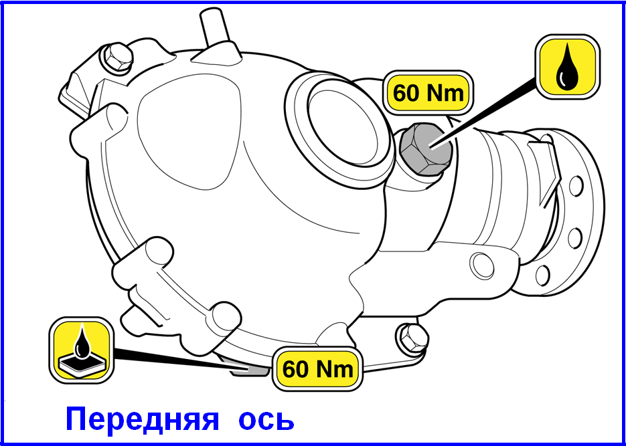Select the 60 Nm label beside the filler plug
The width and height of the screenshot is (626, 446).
pyautogui.click(x=428, y=94)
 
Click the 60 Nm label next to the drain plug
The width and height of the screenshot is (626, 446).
pyautogui.click(x=317, y=369)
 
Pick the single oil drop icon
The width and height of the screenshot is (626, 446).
pyautogui.click(x=567, y=66)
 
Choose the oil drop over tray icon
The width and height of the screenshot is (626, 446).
pyautogui.click(x=82, y=350)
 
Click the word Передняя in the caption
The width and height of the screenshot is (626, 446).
pyautogui.click(x=142, y=420)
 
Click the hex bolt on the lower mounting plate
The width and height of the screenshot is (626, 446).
pyautogui.click(x=413, y=338)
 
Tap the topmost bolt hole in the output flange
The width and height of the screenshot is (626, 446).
pyautogui.click(x=576, y=187)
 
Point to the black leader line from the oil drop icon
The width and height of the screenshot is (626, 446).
pyautogui.click(x=483, y=113)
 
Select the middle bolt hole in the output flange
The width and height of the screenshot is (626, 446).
pyautogui.click(x=575, y=237)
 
